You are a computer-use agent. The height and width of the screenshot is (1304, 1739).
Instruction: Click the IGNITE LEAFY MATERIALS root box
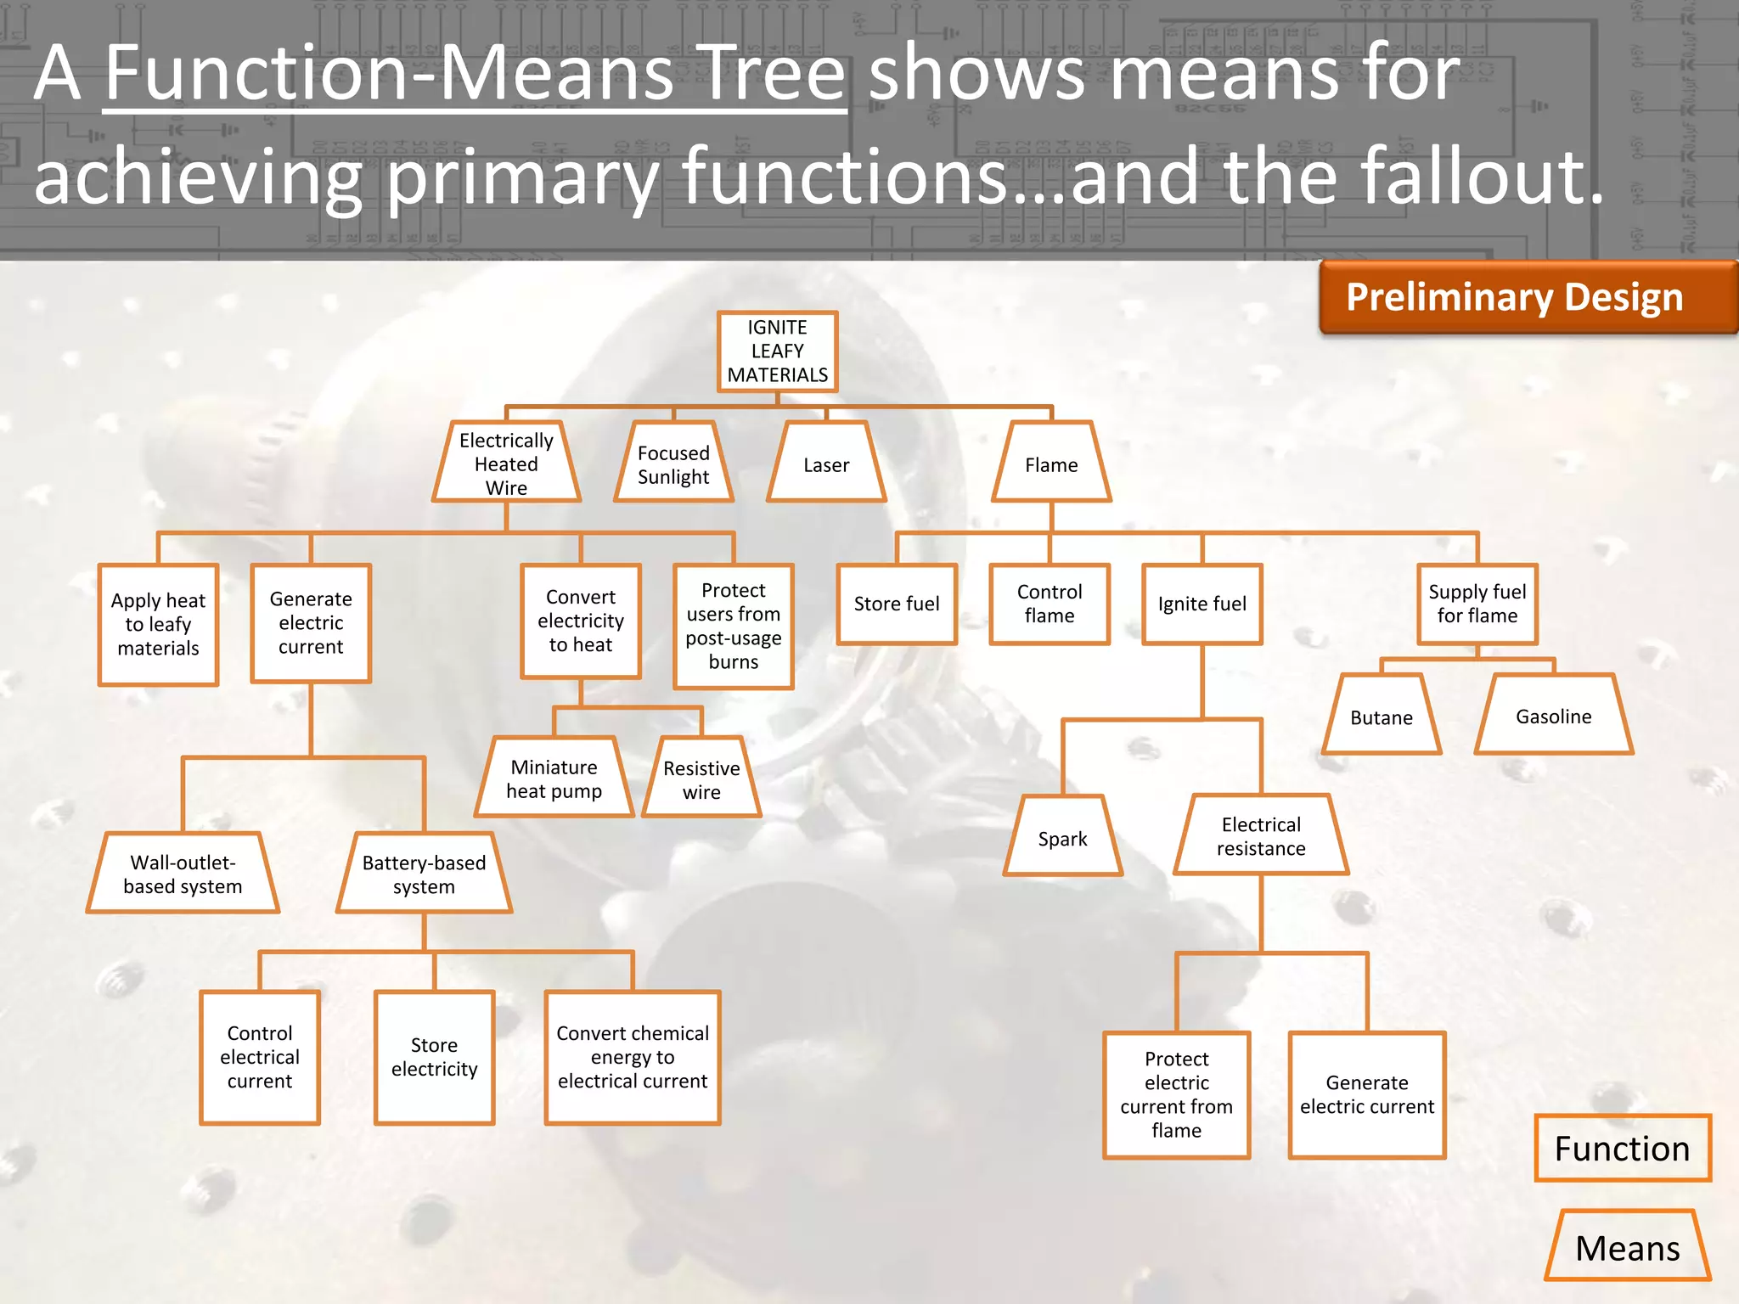tap(777, 351)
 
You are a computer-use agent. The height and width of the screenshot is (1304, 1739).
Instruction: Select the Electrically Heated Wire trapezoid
tap(506, 464)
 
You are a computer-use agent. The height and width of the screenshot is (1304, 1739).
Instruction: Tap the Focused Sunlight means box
tap(673, 464)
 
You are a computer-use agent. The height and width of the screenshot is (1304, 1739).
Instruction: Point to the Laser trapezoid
tap(826, 464)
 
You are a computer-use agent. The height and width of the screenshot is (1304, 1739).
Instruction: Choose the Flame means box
tap(1051, 464)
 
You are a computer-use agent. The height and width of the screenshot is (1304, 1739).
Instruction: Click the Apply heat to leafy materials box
tap(158, 624)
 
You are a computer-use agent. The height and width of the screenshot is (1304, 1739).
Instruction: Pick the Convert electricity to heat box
tap(581, 621)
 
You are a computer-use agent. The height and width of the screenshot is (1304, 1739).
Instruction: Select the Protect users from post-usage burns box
tap(734, 626)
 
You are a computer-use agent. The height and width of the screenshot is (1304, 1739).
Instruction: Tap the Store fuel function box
tap(897, 604)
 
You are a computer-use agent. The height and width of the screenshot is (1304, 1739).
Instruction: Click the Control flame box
tap(1050, 604)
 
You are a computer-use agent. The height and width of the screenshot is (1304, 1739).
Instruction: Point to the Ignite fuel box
tap(1202, 604)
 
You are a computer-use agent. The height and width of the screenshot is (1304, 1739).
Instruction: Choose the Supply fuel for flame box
tap(1477, 604)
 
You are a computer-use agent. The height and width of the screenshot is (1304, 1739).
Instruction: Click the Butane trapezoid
tap(1382, 717)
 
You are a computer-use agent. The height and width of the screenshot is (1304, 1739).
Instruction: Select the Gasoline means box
tap(1554, 716)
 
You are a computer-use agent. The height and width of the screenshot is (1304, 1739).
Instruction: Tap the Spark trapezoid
tap(1062, 838)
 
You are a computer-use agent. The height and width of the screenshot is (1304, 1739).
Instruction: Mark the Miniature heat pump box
tap(554, 778)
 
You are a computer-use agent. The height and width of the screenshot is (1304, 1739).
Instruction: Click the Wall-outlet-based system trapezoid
tap(183, 874)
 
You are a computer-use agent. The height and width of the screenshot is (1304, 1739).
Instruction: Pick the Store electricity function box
tap(434, 1057)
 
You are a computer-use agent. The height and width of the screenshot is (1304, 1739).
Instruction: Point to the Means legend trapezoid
tap(1627, 1247)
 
